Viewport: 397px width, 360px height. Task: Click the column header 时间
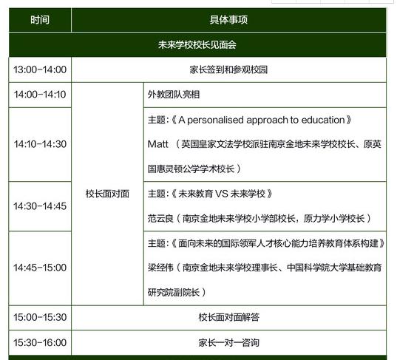[40, 20]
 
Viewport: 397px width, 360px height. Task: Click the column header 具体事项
[228, 20]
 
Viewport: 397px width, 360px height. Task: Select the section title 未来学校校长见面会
[197, 44]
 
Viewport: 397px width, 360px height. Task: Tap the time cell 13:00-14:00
[40, 69]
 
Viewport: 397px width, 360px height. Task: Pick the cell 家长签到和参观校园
[228, 69]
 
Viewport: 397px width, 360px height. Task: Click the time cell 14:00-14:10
[40, 95]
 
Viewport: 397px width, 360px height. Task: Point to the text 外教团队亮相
[174, 95]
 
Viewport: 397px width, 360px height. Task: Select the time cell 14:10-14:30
[40, 144]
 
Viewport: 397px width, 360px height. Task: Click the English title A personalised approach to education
[262, 120]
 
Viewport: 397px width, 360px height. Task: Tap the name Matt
[157, 144]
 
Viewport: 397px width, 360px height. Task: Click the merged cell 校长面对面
[107, 194]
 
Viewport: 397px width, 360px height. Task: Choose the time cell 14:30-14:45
[40, 206]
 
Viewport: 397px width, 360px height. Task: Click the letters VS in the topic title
[222, 194]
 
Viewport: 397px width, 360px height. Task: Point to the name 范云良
[160, 218]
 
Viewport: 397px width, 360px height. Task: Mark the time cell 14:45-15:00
[40, 268]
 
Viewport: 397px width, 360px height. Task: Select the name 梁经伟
[160, 268]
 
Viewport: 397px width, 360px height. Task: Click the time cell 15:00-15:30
[40, 317]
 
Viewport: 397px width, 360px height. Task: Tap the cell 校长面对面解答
[229, 317]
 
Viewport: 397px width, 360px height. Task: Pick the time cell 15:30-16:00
[40, 342]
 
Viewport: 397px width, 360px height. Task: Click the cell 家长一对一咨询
[229, 342]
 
